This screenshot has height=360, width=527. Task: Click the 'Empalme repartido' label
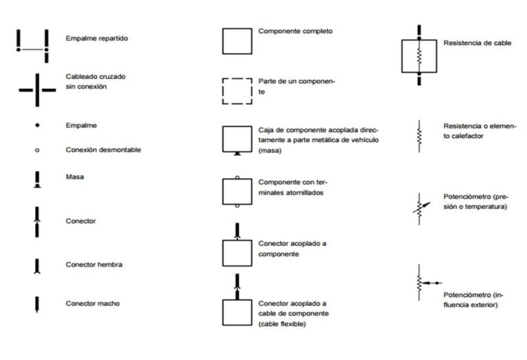click(x=96, y=38)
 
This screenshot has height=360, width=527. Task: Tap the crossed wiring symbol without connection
click(x=37, y=89)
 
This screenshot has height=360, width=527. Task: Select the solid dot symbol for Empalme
click(x=37, y=125)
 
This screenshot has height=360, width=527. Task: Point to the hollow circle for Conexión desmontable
click(x=37, y=150)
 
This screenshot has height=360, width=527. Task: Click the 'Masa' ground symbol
click(x=37, y=180)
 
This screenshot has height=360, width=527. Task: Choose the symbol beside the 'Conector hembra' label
click(x=37, y=265)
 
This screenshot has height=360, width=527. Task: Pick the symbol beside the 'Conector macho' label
click(x=37, y=303)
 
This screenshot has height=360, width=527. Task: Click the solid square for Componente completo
click(x=237, y=41)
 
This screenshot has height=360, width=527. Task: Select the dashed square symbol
click(x=237, y=91)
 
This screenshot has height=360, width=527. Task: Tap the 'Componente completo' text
click(x=296, y=32)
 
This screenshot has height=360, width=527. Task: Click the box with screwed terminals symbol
click(x=237, y=191)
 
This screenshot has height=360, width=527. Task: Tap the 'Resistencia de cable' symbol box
click(x=419, y=56)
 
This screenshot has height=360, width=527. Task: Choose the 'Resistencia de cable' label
click(x=477, y=43)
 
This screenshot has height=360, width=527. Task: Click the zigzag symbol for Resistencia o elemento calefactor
click(x=419, y=136)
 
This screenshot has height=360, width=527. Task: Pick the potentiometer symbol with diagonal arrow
click(x=420, y=208)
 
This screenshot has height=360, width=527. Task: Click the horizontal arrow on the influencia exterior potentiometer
click(x=431, y=283)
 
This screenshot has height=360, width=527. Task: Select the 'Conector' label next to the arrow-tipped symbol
click(x=80, y=221)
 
